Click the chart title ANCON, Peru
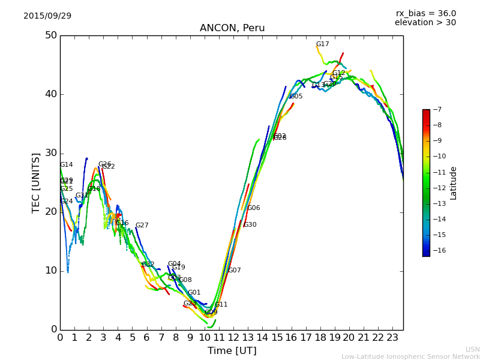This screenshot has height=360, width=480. (232, 28)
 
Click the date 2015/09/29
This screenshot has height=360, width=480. (47, 16)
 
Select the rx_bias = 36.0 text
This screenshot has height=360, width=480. (425, 13)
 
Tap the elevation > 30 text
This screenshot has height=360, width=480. (425, 23)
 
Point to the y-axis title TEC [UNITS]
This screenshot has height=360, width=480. (36, 183)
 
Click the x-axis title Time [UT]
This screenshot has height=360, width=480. (232, 351)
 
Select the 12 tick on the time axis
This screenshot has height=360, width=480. (233, 338)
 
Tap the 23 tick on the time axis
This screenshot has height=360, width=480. (392, 338)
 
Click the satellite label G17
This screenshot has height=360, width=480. (322, 44)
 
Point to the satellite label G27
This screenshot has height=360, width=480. (142, 226)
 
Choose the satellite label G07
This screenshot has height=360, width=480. (234, 271)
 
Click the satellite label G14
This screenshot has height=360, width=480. (66, 165)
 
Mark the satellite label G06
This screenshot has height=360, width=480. (253, 208)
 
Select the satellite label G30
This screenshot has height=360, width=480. (250, 225)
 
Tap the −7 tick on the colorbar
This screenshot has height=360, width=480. (436, 110)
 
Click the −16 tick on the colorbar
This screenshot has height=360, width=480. (438, 250)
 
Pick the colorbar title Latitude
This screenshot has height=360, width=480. (454, 183)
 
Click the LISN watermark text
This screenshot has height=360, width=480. (472, 349)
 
